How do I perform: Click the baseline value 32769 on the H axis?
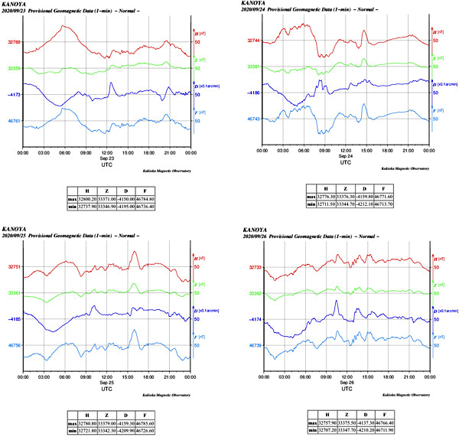point(14,42)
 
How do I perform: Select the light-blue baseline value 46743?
point(255,119)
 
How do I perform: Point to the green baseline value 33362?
point(255,293)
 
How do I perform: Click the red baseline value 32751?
point(15,267)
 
